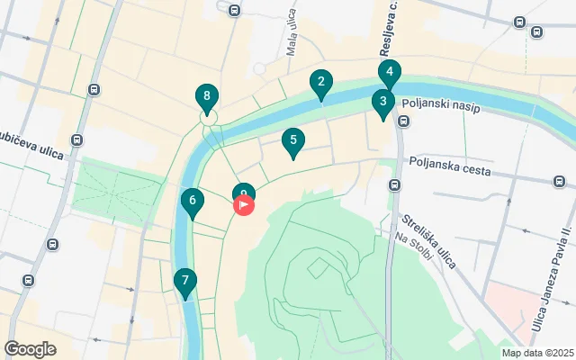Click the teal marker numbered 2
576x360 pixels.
click(320, 85)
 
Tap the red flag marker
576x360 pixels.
click(244, 205)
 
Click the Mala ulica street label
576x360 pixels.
click(291, 40)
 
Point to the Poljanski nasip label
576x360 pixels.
click(441, 106)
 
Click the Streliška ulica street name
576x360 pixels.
click(430, 239)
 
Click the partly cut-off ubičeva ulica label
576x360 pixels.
click(31, 148)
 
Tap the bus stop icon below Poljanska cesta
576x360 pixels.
click(394, 185)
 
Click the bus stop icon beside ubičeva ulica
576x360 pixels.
click(77, 140)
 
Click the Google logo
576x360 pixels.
click(30, 349)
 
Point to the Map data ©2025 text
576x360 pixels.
click(536, 353)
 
